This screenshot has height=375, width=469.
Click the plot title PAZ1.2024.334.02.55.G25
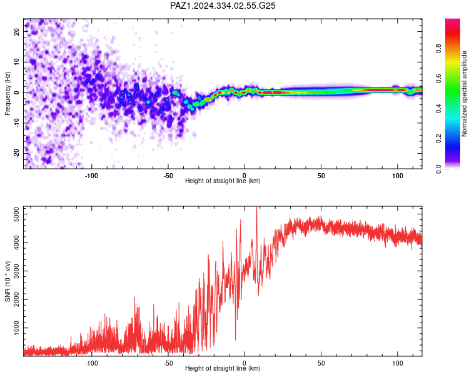[x=223, y=6]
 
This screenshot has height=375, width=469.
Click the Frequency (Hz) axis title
[x=8, y=94]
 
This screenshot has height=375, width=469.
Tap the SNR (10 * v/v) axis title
[x=8, y=281]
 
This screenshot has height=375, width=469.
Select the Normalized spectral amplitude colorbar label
[x=464, y=94]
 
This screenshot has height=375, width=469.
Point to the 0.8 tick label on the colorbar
[x=438, y=48]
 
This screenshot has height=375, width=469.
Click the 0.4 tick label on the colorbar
[x=438, y=109]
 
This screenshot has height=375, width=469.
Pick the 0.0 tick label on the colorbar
[x=438, y=169]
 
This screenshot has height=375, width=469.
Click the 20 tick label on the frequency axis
[x=16, y=31]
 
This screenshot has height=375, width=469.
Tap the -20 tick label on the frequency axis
[x=16, y=153]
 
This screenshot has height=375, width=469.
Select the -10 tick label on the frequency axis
[x=16, y=123]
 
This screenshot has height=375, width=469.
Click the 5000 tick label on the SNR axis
[x=16, y=214]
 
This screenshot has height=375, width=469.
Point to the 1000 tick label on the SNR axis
[x=16, y=328]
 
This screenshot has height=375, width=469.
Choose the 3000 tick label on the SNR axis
[x=16, y=271]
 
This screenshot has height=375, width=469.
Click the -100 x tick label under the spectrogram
[x=91, y=176]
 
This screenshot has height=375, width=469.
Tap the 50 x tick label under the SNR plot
[x=321, y=363]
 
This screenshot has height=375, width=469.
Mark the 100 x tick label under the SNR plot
[x=398, y=363]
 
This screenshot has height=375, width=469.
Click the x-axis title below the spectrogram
[x=223, y=181]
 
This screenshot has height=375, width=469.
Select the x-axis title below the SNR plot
[x=223, y=368]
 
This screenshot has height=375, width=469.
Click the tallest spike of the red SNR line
[x=256, y=207]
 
